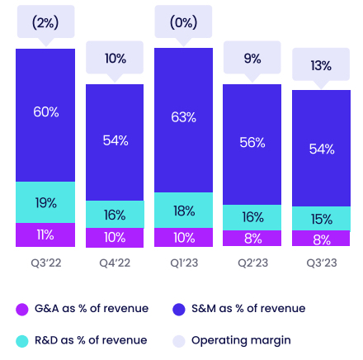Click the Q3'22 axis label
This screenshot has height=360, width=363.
pos(45,263)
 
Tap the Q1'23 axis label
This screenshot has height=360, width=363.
pos(183,263)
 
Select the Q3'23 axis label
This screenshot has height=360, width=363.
pos(321,263)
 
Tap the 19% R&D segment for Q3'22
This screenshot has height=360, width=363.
pos(45,202)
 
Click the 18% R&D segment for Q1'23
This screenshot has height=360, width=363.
pos(183,211)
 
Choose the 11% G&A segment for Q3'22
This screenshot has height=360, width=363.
pos(45,234)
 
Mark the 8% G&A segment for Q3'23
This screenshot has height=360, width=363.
pos(321,239)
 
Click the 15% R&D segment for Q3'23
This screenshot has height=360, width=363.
pos(321,219)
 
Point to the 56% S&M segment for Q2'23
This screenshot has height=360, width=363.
pos(252,142)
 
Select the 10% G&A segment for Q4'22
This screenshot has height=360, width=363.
pos(115,237)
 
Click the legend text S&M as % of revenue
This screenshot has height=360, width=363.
pos(247,309)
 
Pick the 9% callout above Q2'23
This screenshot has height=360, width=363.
pos(252,59)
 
